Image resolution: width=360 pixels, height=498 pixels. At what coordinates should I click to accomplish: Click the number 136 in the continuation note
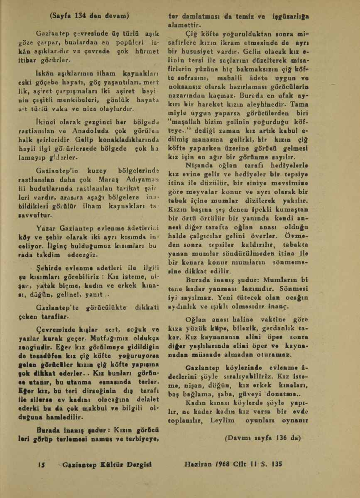point(278,437)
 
